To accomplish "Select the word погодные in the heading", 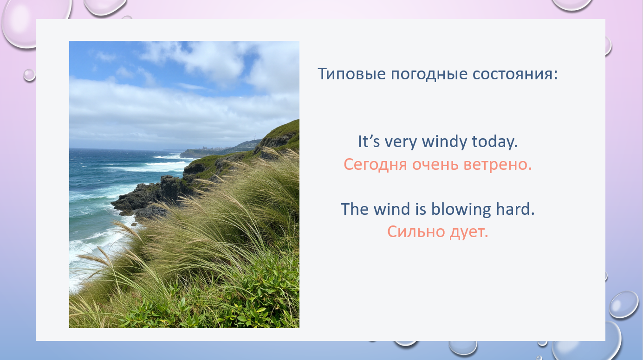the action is pos(429,75).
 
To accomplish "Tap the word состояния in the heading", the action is pos(513,75).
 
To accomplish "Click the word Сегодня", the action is pos(375,165).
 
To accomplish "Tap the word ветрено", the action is pos(498,165).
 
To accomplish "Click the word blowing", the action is pos(461,209).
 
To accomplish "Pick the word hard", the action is pos(515,209).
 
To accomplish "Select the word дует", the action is pos(469,232).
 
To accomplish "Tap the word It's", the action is pos(369,141).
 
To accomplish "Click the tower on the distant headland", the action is pos(254,138).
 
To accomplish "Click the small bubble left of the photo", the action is pos(29,75).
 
